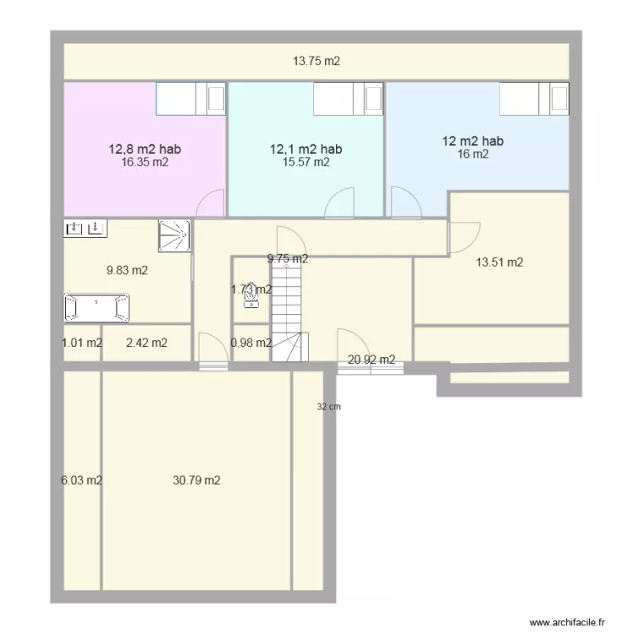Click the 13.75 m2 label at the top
[x=316, y=61]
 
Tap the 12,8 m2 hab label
[x=144, y=149]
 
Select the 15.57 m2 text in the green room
[x=306, y=163]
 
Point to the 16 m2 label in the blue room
[x=473, y=154]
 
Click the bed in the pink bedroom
[x=192, y=98]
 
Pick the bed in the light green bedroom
[x=349, y=98]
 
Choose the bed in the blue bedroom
[x=533, y=98]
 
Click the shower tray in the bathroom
[x=174, y=235]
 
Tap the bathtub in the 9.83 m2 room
[x=96, y=307]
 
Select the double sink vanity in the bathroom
[x=85, y=228]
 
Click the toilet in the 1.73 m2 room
[x=251, y=292]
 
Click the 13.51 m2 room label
[x=500, y=262]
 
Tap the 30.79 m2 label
[x=197, y=480]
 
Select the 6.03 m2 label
[x=81, y=480]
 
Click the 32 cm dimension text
[x=328, y=407]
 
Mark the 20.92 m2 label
[x=371, y=360]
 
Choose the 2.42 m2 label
[x=146, y=343]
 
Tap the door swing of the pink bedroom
[x=211, y=203]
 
